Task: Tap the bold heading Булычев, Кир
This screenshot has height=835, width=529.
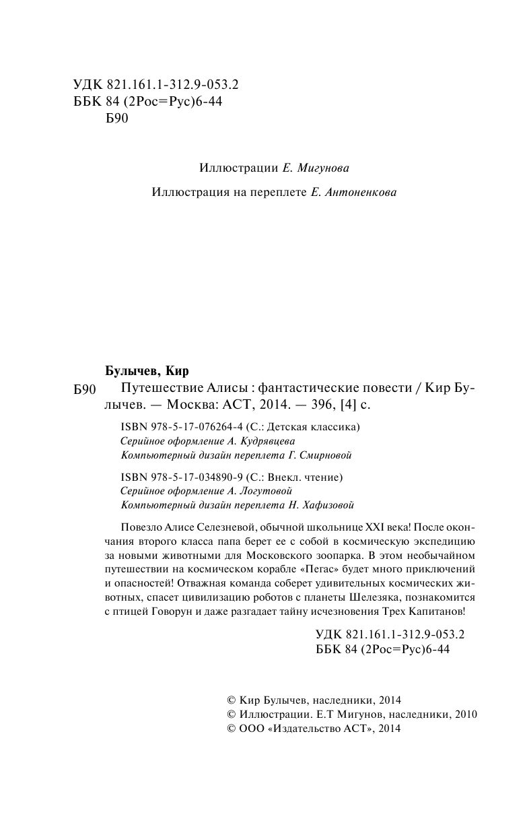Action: (x=147, y=371)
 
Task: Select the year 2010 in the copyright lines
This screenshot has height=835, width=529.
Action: (x=464, y=714)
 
